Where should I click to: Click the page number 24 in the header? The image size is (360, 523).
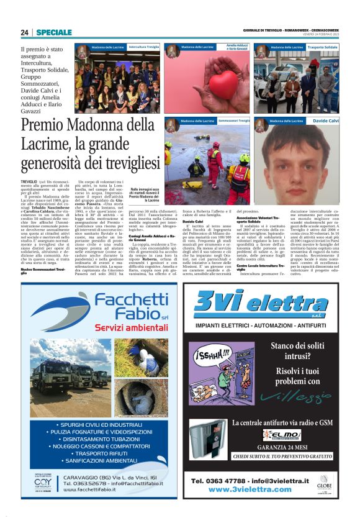coord(25,32)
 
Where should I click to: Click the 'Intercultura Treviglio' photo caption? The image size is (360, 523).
coord(144,47)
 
